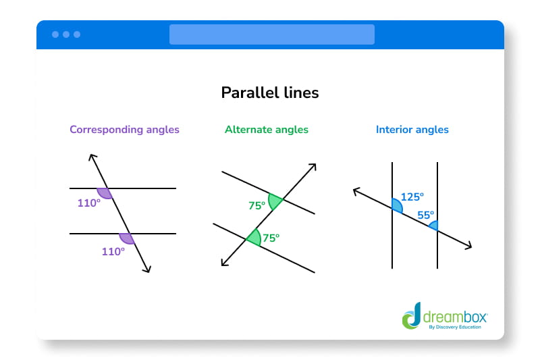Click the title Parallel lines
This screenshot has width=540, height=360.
pyautogui.click(x=270, y=93)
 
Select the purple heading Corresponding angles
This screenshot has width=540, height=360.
pyautogui.click(x=125, y=129)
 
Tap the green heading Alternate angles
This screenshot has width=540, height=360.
pyautogui.click(x=267, y=129)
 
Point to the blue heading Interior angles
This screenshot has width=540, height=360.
pyautogui.click(x=412, y=129)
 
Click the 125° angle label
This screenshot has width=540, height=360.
pyautogui.click(x=412, y=197)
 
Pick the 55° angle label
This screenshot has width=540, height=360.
pyautogui.click(x=426, y=215)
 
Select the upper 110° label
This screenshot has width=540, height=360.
pyautogui.click(x=88, y=202)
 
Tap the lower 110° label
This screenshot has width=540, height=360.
pyautogui.click(x=113, y=251)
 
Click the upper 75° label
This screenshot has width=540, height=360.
pyautogui.click(x=257, y=206)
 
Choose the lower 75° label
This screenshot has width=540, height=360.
pyautogui.click(x=271, y=237)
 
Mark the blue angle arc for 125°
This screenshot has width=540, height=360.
pyautogui.click(x=398, y=205)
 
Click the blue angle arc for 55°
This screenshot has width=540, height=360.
pyautogui.click(x=433, y=225)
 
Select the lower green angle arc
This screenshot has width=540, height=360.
pyautogui.click(x=254, y=237)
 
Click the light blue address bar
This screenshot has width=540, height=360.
pyautogui.click(x=271, y=34)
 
